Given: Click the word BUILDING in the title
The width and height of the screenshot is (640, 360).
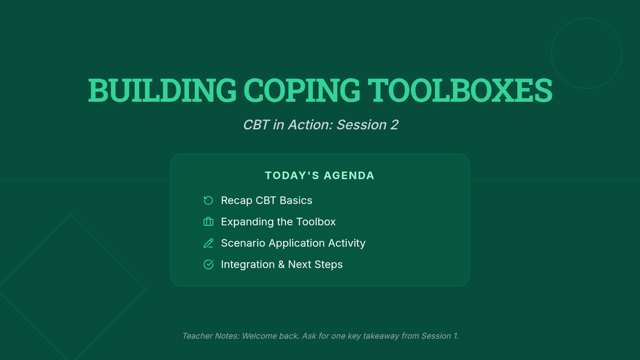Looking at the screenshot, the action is click(162, 90).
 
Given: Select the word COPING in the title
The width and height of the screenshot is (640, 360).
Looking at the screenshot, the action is click(302, 90).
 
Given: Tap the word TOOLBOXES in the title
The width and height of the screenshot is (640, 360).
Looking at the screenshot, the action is click(460, 90).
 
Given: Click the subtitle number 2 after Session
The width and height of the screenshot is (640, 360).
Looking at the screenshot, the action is click(394, 125).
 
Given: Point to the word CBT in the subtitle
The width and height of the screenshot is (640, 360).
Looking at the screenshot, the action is click(255, 125).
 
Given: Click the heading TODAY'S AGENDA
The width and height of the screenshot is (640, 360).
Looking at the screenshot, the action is click(319, 175).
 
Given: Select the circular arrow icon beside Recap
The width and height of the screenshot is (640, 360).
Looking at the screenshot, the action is click(209, 201).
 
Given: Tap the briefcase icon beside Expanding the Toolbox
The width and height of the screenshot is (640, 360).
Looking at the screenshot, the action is click(209, 222).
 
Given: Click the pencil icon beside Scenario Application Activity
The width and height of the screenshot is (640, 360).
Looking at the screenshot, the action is click(209, 243).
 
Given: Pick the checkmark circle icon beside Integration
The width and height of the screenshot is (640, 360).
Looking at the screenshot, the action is click(209, 265).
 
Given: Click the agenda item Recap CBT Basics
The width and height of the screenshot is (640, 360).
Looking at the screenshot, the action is click(267, 201).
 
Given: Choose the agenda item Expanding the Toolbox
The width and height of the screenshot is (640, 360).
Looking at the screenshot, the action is click(278, 222).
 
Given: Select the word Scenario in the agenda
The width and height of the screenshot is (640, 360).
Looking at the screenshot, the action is click(243, 243).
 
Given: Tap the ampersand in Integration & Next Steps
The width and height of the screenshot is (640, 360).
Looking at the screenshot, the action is click(282, 265).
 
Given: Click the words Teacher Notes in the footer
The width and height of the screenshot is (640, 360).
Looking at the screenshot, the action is click(211, 336).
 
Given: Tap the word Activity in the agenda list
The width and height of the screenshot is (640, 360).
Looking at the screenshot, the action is click(347, 243).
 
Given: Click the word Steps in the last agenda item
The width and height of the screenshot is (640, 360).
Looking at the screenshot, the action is click(329, 265).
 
